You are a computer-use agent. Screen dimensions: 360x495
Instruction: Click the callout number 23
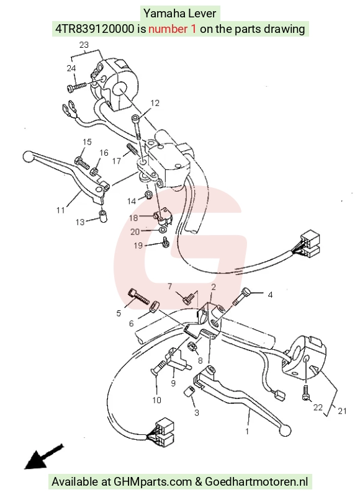click(x=84, y=45)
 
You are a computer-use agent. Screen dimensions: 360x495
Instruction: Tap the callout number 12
click(x=155, y=103)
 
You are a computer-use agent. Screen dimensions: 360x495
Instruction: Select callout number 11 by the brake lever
click(x=61, y=210)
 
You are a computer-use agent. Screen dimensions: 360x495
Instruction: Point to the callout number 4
click(x=270, y=295)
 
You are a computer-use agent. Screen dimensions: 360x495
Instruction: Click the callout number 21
click(x=343, y=411)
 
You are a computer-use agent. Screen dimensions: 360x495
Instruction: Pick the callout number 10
click(x=156, y=400)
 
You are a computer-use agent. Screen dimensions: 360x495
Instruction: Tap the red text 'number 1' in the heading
click(x=172, y=29)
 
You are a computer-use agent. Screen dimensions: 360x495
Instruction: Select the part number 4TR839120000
click(x=95, y=29)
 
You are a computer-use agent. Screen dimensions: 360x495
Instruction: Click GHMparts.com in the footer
click(x=153, y=482)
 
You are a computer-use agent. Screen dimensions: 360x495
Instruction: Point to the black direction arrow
click(x=43, y=457)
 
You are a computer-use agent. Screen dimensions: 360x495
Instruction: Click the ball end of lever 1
click(x=286, y=430)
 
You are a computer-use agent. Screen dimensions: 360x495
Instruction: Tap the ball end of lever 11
click(x=29, y=157)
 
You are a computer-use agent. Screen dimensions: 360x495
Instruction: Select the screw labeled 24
click(x=77, y=87)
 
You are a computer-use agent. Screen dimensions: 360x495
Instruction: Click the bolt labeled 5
click(x=138, y=297)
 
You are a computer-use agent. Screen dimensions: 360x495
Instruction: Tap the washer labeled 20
click(x=163, y=230)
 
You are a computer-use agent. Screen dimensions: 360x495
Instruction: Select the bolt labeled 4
click(x=241, y=297)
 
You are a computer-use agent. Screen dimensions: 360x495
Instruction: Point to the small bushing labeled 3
click(x=189, y=391)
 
